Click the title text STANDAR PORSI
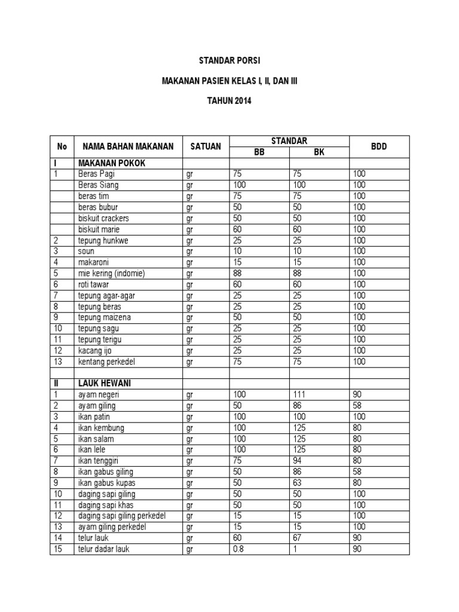click(x=229, y=61)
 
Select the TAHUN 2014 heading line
click(x=229, y=101)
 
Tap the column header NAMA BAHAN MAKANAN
click(x=128, y=146)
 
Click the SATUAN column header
click(x=206, y=146)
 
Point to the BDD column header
click(x=379, y=146)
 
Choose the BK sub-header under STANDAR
click(x=319, y=152)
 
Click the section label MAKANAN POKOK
click(x=112, y=163)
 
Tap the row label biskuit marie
click(x=99, y=229)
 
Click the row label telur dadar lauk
click(x=103, y=549)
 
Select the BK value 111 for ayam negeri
click(x=299, y=395)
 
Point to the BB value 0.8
click(x=238, y=549)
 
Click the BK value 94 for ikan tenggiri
click(x=298, y=461)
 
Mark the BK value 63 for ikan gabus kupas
click(x=298, y=483)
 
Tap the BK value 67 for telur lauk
click(x=298, y=538)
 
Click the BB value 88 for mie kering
click(x=238, y=273)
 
